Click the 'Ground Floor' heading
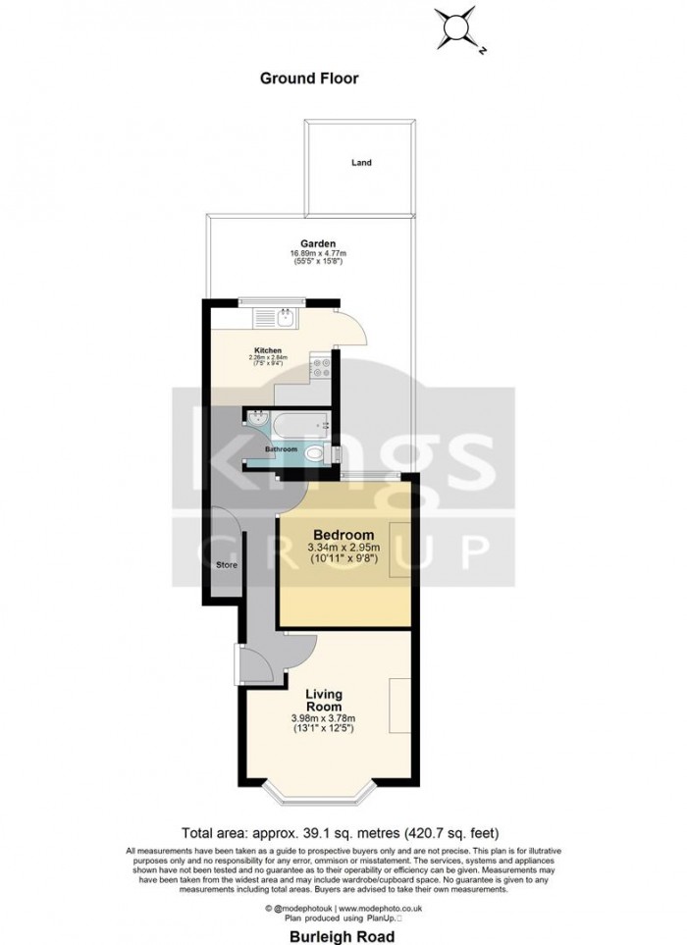[x=309, y=78]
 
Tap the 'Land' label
[x=362, y=163]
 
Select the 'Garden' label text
[x=319, y=243]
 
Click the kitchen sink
[x=281, y=318]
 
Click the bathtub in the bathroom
[x=300, y=426]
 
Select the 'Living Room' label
[x=323, y=699]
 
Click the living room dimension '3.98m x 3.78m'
[x=323, y=719]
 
